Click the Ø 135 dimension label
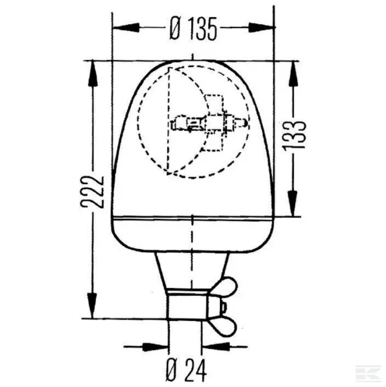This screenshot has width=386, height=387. (193, 29)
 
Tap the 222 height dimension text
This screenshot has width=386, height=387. (92, 191)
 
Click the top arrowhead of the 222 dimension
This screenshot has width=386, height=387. (92, 73)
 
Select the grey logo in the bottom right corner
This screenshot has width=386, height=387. (368, 372)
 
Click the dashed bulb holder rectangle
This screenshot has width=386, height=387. (215, 123)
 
